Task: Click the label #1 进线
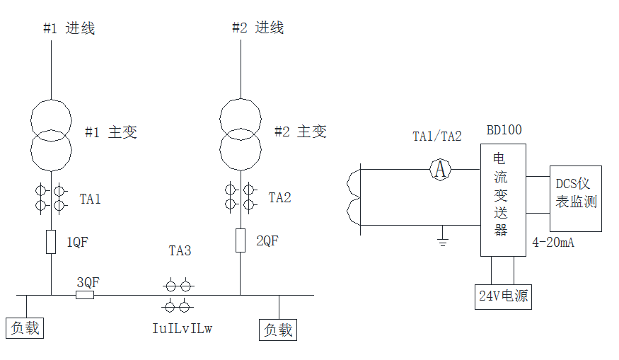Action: (69, 28)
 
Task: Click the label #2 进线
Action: (258, 28)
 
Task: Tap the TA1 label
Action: (90, 199)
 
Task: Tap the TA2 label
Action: (279, 197)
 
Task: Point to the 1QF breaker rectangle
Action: (51, 241)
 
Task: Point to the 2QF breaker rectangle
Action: (241, 240)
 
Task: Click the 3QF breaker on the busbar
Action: (85, 294)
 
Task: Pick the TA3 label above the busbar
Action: (180, 250)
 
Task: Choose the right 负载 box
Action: (278, 330)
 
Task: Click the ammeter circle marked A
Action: (441, 169)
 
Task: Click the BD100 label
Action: (504, 131)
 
